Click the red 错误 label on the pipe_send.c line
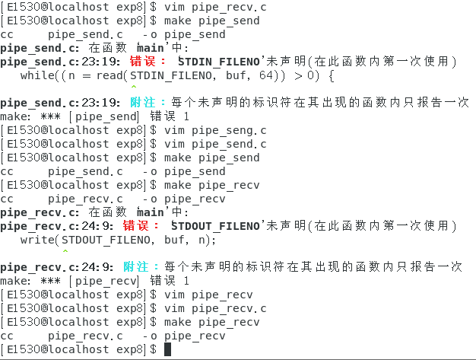pos(144,62)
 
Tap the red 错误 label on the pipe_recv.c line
pos(138,226)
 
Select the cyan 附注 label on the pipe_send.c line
pos(144,103)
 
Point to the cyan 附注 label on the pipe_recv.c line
pos(138,267)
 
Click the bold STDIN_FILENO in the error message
pos(220,62)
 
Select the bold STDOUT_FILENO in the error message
pos(217,226)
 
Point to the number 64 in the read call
pos(247,75)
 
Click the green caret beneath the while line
pos(134,88)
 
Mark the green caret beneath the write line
pos(65,253)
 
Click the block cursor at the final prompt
pos(168,349)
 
